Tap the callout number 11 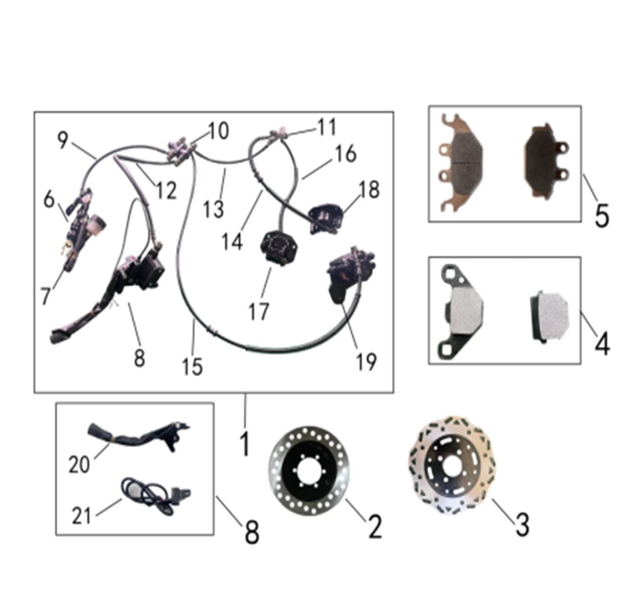click(327, 127)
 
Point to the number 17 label click(259, 312)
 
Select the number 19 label click(366, 362)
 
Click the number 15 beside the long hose click(193, 366)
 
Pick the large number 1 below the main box click(245, 443)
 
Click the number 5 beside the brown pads click(602, 215)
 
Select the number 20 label click(79, 465)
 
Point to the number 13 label click(214, 209)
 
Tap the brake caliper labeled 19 click(351, 275)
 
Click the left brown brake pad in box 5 click(461, 162)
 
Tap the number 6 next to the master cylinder click(49, 200)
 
